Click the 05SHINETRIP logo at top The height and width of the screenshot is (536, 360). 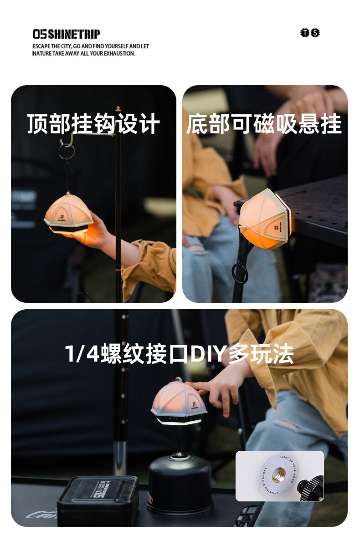tap(66, 34)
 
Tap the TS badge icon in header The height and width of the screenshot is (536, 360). tap(310, 33)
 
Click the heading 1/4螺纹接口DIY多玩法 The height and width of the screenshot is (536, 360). tap(179, 354)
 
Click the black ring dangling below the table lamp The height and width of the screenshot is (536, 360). tap(240, 273)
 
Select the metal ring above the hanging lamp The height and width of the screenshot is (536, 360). tap(66, 152)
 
